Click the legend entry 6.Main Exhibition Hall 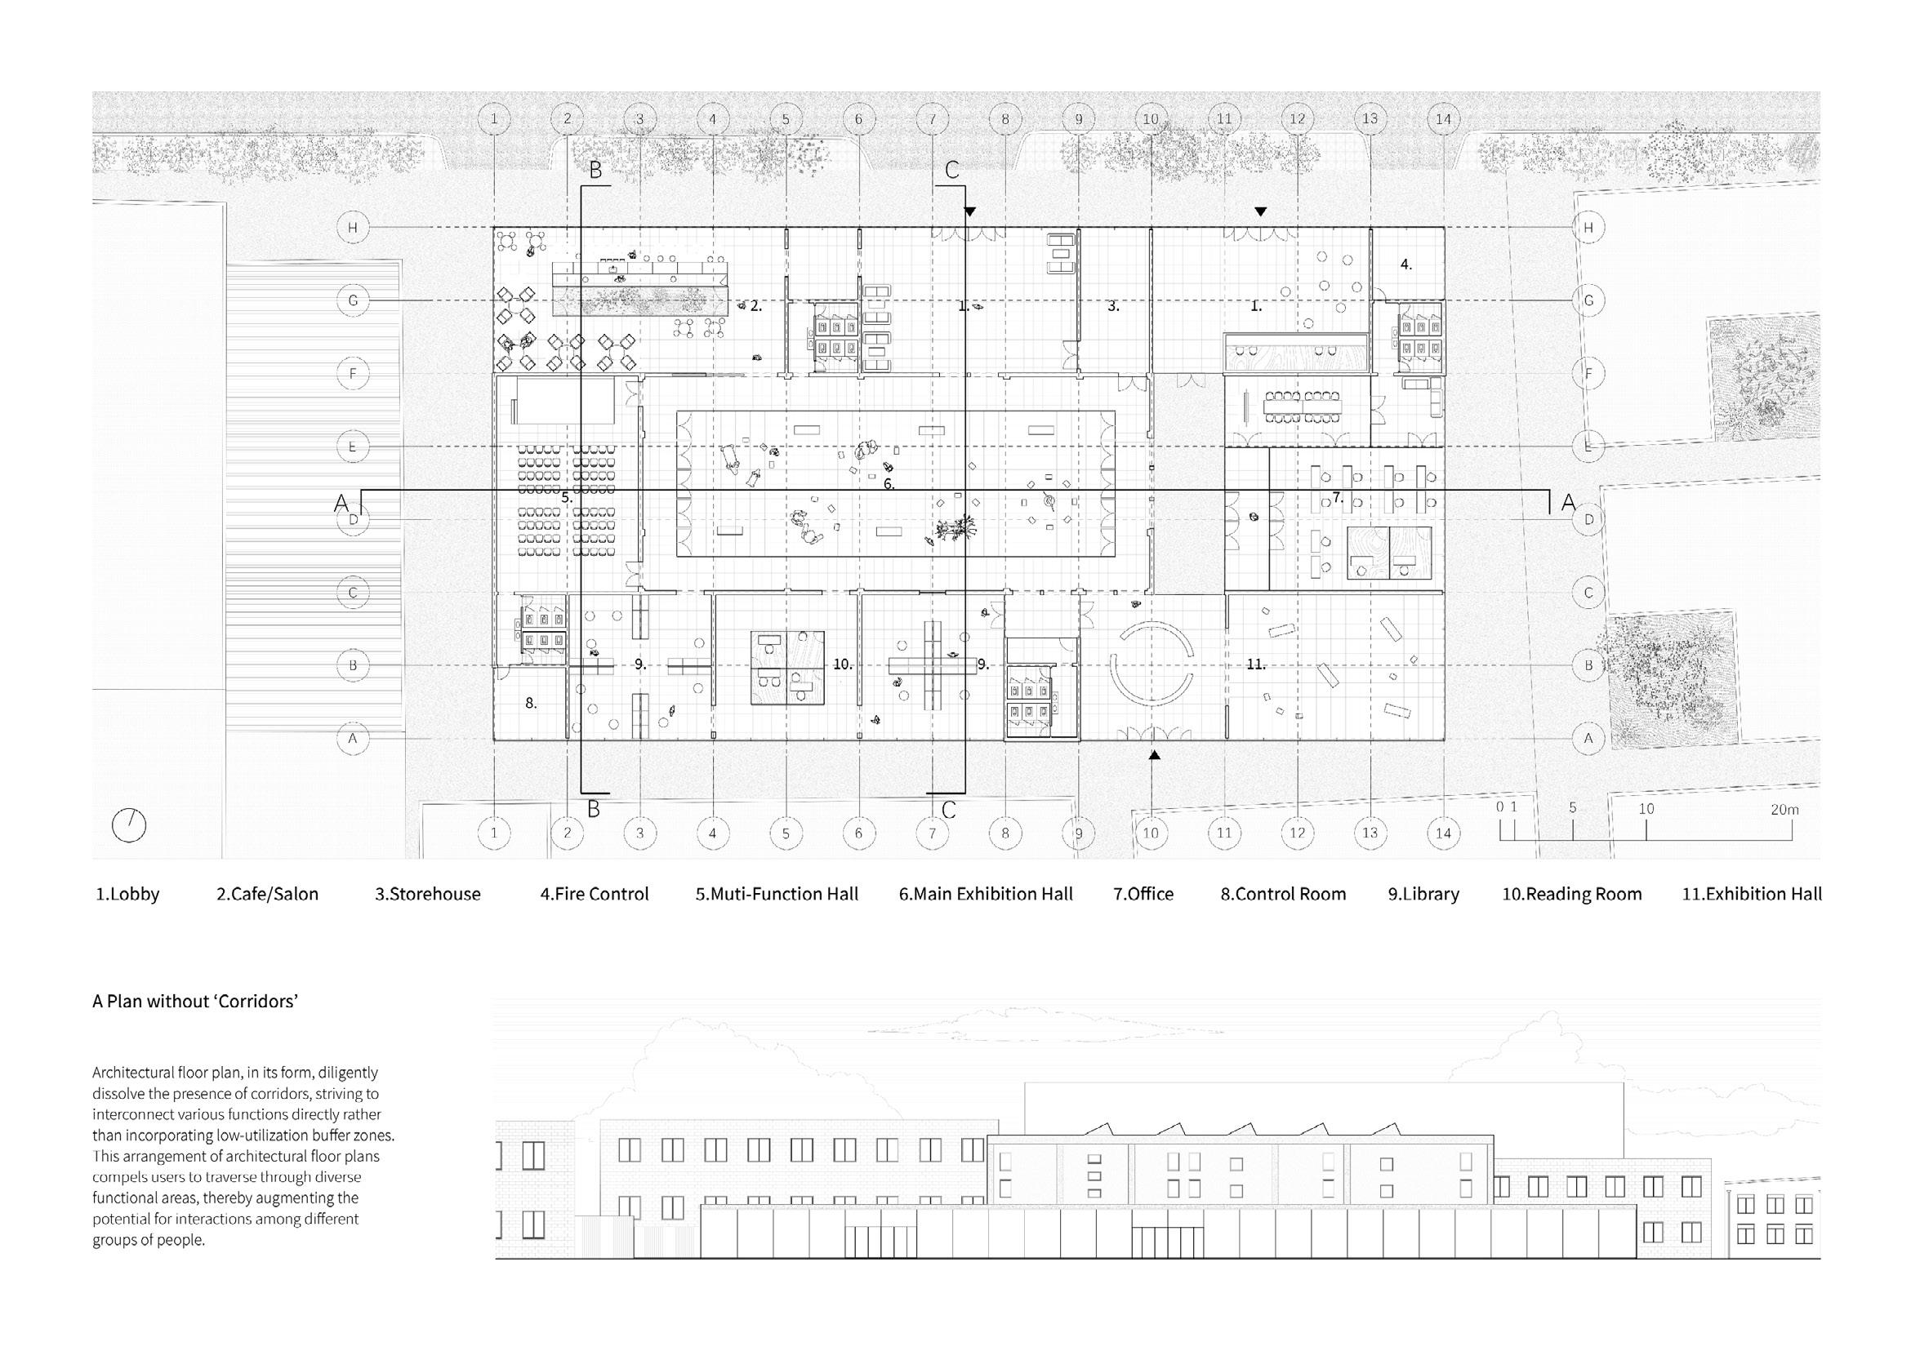986,895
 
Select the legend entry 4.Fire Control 595,895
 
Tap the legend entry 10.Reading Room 1571,895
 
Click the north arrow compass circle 129,825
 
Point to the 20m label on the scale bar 1784,810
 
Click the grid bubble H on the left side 353,227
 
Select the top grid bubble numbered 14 1443,119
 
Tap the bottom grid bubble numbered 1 494,833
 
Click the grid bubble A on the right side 1588,738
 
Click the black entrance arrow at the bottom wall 1154,755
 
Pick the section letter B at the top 595,171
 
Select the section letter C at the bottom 949,809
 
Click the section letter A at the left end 341,504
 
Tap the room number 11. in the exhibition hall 1256,664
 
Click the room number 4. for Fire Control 1405,264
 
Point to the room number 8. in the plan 531,704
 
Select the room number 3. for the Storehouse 1114,306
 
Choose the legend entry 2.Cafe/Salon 267,895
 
